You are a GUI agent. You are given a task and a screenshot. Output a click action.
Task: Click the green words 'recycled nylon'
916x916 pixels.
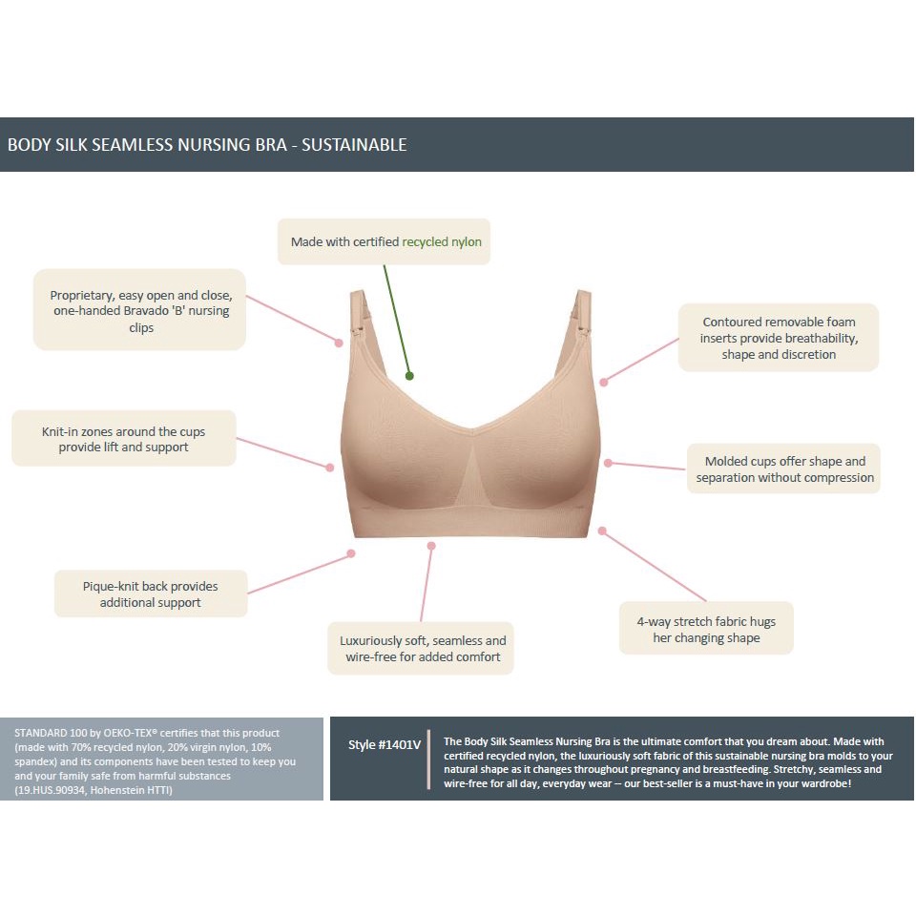pos(442,242)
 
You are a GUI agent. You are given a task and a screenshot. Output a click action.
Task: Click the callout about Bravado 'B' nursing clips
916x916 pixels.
pos(140,310)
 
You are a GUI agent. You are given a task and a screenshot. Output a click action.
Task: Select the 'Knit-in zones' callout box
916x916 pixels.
pos(124,439)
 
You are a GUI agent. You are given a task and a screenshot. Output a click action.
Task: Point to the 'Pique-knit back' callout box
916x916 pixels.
pos(150,593)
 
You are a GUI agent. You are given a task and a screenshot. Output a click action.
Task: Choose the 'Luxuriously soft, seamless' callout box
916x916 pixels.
pos(421,648)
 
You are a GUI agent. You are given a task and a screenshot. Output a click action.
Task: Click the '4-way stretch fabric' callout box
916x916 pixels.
pos(706,629)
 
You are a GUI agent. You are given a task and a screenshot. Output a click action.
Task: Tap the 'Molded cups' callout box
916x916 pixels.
pos(784,468)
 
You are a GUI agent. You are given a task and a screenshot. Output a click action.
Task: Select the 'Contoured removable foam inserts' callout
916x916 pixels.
pos(779,338)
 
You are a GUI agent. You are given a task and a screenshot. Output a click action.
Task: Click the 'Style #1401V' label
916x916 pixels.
pos(385,745)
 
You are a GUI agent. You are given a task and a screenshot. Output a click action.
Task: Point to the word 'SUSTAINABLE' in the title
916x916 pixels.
pos(354,145)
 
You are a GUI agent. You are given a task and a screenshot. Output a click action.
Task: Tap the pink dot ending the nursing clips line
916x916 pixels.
pos(339,341)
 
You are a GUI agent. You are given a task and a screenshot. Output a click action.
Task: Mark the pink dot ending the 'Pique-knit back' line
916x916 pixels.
pos(351,553)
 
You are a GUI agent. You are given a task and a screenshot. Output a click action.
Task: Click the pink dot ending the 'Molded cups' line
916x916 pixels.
pos(608,463)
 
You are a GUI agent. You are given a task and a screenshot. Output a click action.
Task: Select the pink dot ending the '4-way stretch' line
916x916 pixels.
pos(602,531)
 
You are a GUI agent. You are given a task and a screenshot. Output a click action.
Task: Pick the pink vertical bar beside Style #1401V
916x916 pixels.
pos(430,760)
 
